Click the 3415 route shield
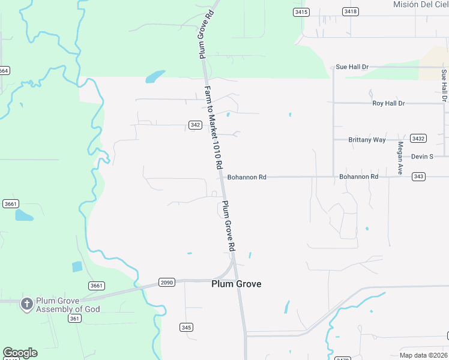(301, 12)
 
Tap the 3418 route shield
(351, 12)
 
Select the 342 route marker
(194, 125)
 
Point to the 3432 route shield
(418, 139)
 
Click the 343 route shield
(419, 176)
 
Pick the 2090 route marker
(167, 282)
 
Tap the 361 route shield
(74, 319)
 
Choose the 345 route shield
(186, 327)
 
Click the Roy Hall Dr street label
(388, 103)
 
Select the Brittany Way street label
(367, 140)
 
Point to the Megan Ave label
(400, 158)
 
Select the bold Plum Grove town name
(237, 284)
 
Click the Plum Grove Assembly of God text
(68, 305)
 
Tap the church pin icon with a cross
(26, 304)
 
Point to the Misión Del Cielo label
(421, 4)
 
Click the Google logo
(19, 353)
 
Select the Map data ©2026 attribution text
(424, 355)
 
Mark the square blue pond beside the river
(76, 266)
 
